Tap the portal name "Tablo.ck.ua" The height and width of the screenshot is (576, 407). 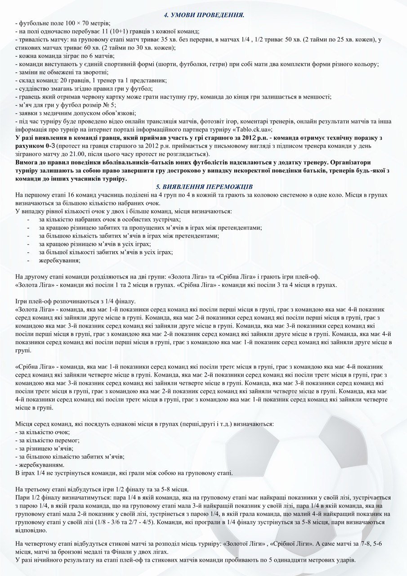(x=254, y=129)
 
